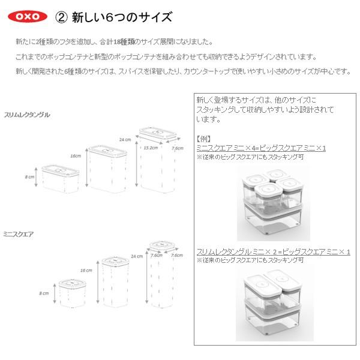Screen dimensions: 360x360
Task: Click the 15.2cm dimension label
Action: [x=150, y=147]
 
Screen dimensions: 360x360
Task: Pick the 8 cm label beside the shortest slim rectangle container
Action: [x=30, y=178]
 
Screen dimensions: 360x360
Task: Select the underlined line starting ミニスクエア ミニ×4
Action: [x=261, y=148]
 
